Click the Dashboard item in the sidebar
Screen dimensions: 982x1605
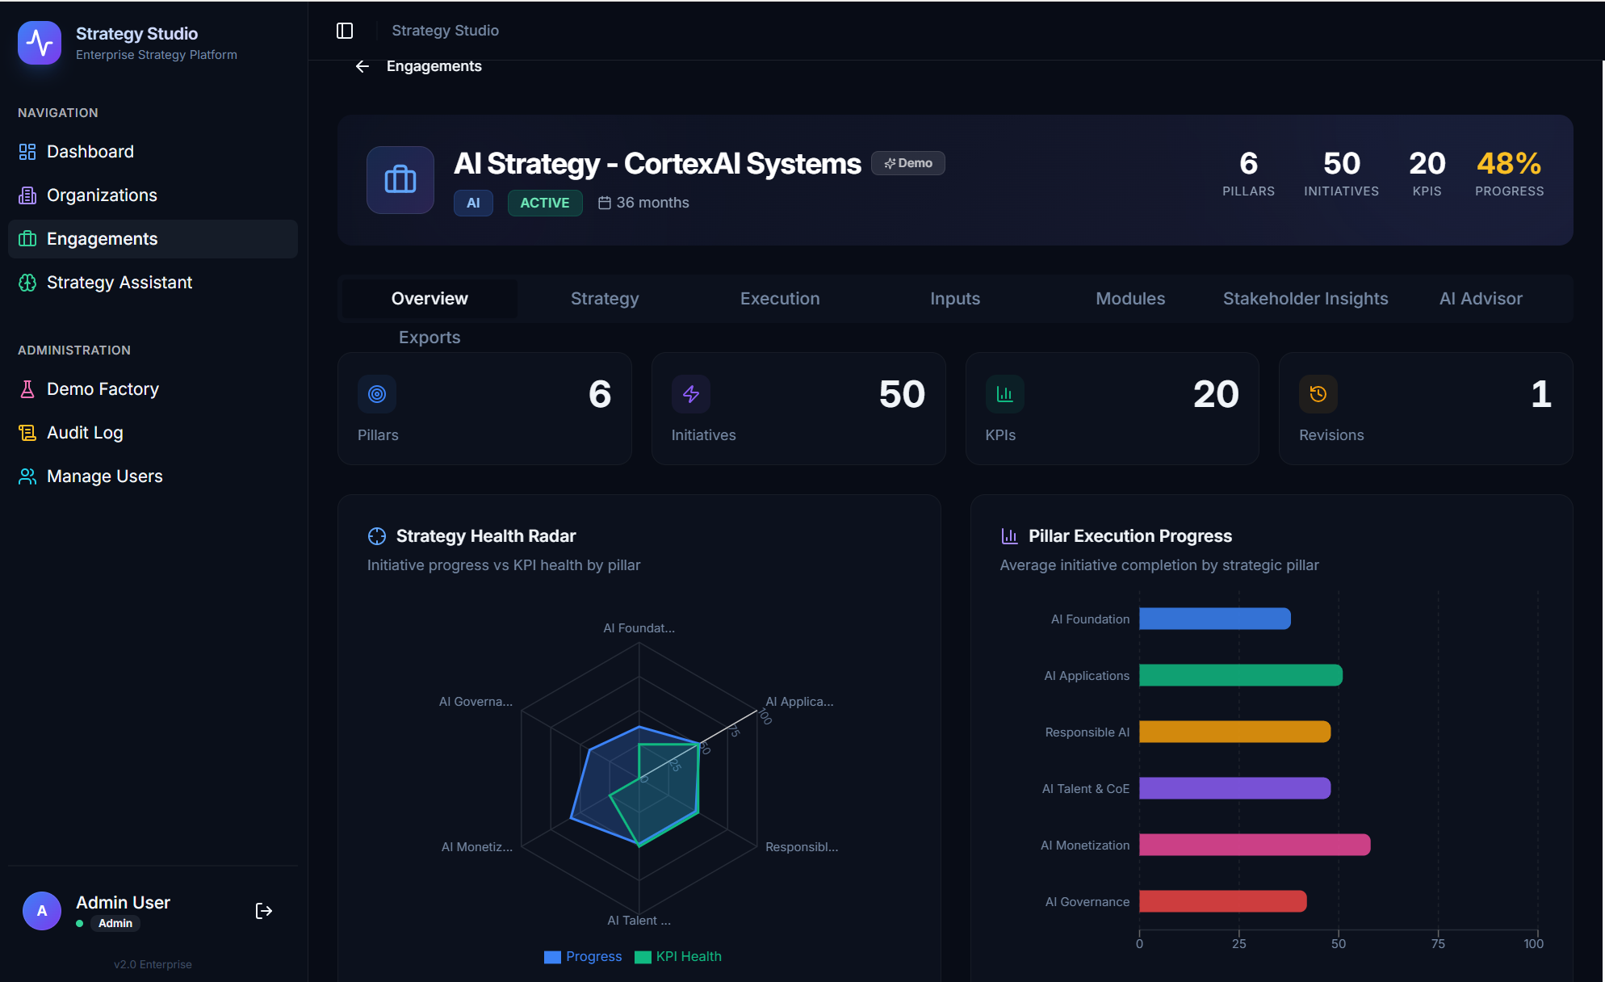click(x=90, y=152)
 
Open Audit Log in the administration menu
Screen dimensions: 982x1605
click(x=85, y=433)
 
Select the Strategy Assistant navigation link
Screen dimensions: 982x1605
click(x=119, y=283)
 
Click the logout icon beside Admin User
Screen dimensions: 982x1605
click(x=263, y=911)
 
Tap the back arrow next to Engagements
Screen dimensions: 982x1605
click(x=362, y=66)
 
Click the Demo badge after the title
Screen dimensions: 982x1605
click(x=908, y=163)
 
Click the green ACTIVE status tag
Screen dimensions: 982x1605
click(x=544, y=203)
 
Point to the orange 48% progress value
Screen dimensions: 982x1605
click(x=1508, y=164)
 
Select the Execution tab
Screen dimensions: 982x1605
click(x=779, y=299)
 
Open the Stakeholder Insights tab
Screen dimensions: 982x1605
click(x=1305, y=299)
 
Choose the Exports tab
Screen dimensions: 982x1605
click(x=429, y=338)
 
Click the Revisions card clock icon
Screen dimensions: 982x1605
click(x=1318, y=394)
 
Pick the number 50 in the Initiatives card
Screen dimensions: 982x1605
click(x=901, y=394)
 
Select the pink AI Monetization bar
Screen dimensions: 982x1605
click(x=1254, y=845)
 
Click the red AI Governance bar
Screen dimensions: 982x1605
click(x=1222, y=901)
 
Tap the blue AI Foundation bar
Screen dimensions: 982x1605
click(x=1214, y=619)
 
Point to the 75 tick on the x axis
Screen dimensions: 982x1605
click(x=1438, y=943)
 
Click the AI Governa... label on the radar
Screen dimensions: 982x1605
click(x=476, y=702)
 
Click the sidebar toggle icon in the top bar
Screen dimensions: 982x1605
click(x=345, y=31)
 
